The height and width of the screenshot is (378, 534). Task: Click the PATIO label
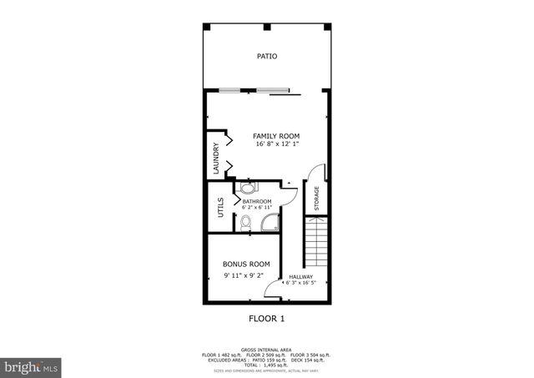[267, 57]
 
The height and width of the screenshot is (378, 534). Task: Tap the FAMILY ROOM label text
[276, 136]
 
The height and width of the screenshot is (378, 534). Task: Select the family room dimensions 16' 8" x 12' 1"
[276, 145]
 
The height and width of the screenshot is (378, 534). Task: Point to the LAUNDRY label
[215, 159]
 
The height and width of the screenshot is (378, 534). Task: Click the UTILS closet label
[220, 207]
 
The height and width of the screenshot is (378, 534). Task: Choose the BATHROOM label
[257, 201]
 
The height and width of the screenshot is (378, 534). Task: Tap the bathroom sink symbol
[249, 187]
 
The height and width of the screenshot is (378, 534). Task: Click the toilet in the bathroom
[246, 223]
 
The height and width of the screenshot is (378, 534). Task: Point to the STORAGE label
[316, 198]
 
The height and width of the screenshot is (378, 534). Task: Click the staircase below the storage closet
[316, 242]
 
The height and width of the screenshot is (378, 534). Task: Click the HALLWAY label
[300, 277]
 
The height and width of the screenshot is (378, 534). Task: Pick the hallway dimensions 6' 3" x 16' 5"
[300, 284]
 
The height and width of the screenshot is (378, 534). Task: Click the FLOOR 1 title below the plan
[267, 318]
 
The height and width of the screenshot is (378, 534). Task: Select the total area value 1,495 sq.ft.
[267, 365]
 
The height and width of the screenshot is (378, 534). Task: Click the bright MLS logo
[32, 366]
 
